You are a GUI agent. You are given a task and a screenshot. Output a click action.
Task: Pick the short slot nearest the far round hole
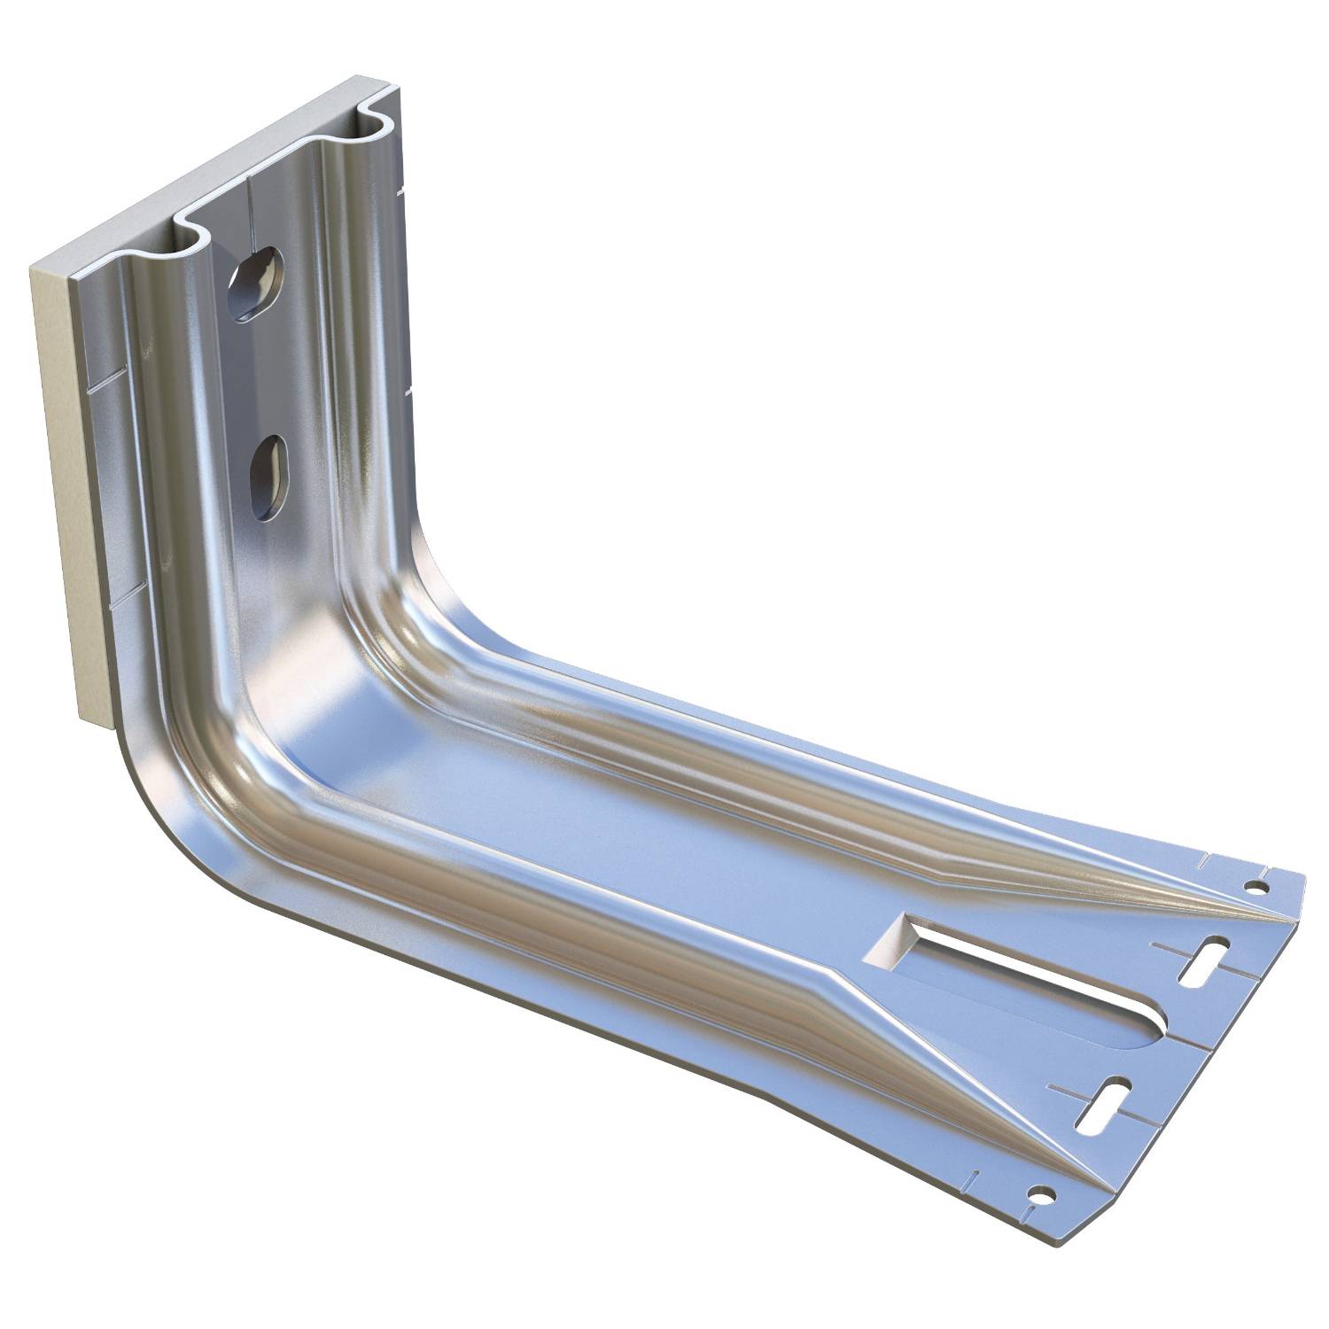1201,963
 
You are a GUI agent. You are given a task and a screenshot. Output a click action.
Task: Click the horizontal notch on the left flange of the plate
102,385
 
